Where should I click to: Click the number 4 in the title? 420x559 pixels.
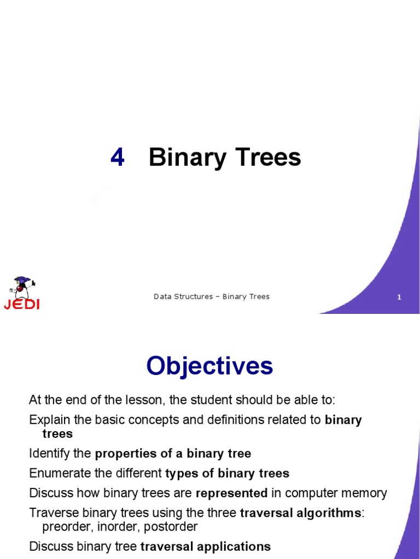[118, 158]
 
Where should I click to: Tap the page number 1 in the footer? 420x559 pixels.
[399, 297]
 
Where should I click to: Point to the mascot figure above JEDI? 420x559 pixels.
[22, 287]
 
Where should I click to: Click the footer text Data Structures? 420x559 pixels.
[183, 296]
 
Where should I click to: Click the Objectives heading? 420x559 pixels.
[209, 366]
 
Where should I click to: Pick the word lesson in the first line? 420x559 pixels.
[143, 400]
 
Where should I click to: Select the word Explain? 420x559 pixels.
[49, 420]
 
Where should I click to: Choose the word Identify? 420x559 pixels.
[49, 453]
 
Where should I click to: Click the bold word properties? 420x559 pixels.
[122, 453]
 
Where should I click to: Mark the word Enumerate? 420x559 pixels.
[57, 473]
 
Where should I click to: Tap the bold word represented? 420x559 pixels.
[231, 493]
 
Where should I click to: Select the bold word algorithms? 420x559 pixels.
[328, 513]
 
